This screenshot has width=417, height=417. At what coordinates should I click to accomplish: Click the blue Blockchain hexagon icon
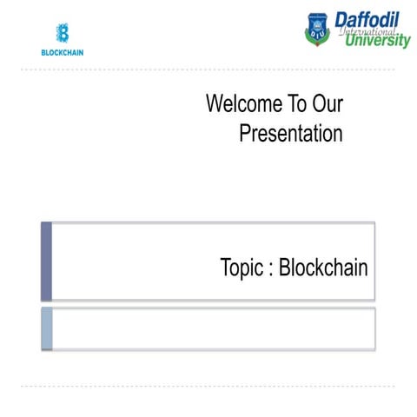pyautogui.click(x=63, y=34)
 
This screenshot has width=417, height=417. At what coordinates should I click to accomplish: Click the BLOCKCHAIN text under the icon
pyautogui.click(x=63, y=51)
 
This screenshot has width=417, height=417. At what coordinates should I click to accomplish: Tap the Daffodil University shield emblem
pyautogui.click(x=317, y=30)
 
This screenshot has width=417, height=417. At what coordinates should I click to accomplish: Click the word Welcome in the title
pyautogui.click(x=242, y=105)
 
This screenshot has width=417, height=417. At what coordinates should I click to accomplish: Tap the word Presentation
pyautogui.click(x=290, y=134)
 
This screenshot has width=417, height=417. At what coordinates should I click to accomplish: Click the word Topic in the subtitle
pyautogui.click(x=242, y=268)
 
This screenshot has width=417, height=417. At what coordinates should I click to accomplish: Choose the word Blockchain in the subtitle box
pyautogui.click(x=323, y=267)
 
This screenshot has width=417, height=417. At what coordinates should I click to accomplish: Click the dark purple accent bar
pyautogui.click(x=46, y=261)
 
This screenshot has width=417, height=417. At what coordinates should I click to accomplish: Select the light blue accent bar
pyautogui.click(x=46, y=328)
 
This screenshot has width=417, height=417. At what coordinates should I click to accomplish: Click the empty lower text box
pyautogui.click(x=213, y=328)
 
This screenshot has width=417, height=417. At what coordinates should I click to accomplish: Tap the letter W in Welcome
pyautogui.click(x=214, y=105)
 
